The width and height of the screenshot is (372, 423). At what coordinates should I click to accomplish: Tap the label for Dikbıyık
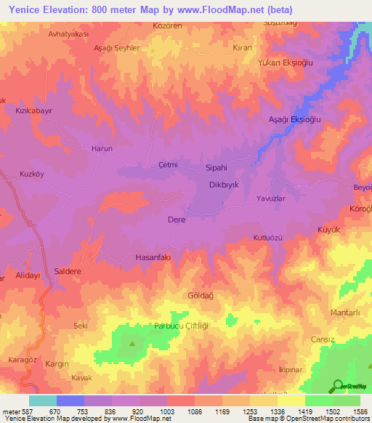tap(224, 185)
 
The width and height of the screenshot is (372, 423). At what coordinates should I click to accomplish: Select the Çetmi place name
tap(168, 165)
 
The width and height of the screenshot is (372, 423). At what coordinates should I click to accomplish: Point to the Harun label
tap(102, 148)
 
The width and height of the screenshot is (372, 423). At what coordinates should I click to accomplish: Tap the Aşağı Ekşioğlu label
tap(295, 118)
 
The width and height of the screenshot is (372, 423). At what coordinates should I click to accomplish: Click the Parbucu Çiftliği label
tap(181, 326)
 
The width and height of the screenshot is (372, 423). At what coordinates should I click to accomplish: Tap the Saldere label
tap(68, 271)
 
